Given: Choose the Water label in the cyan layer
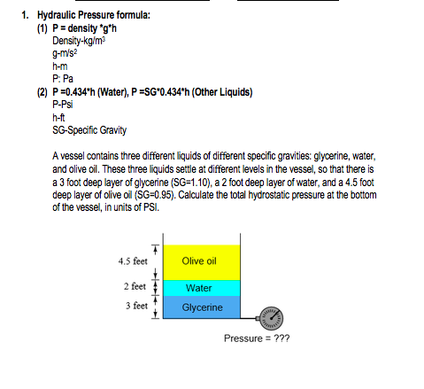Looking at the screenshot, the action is pos(198,288).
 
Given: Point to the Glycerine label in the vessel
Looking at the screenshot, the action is pos(200,307).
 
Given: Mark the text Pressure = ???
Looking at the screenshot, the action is pos(257,338).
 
